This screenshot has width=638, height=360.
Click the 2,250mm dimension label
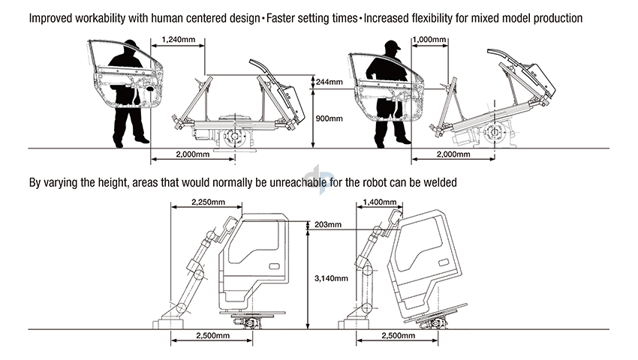(x=207, y=202)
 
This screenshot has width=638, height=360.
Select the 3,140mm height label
(x=330, y=278)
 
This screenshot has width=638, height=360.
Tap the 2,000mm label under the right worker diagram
(x=454, y=154)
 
